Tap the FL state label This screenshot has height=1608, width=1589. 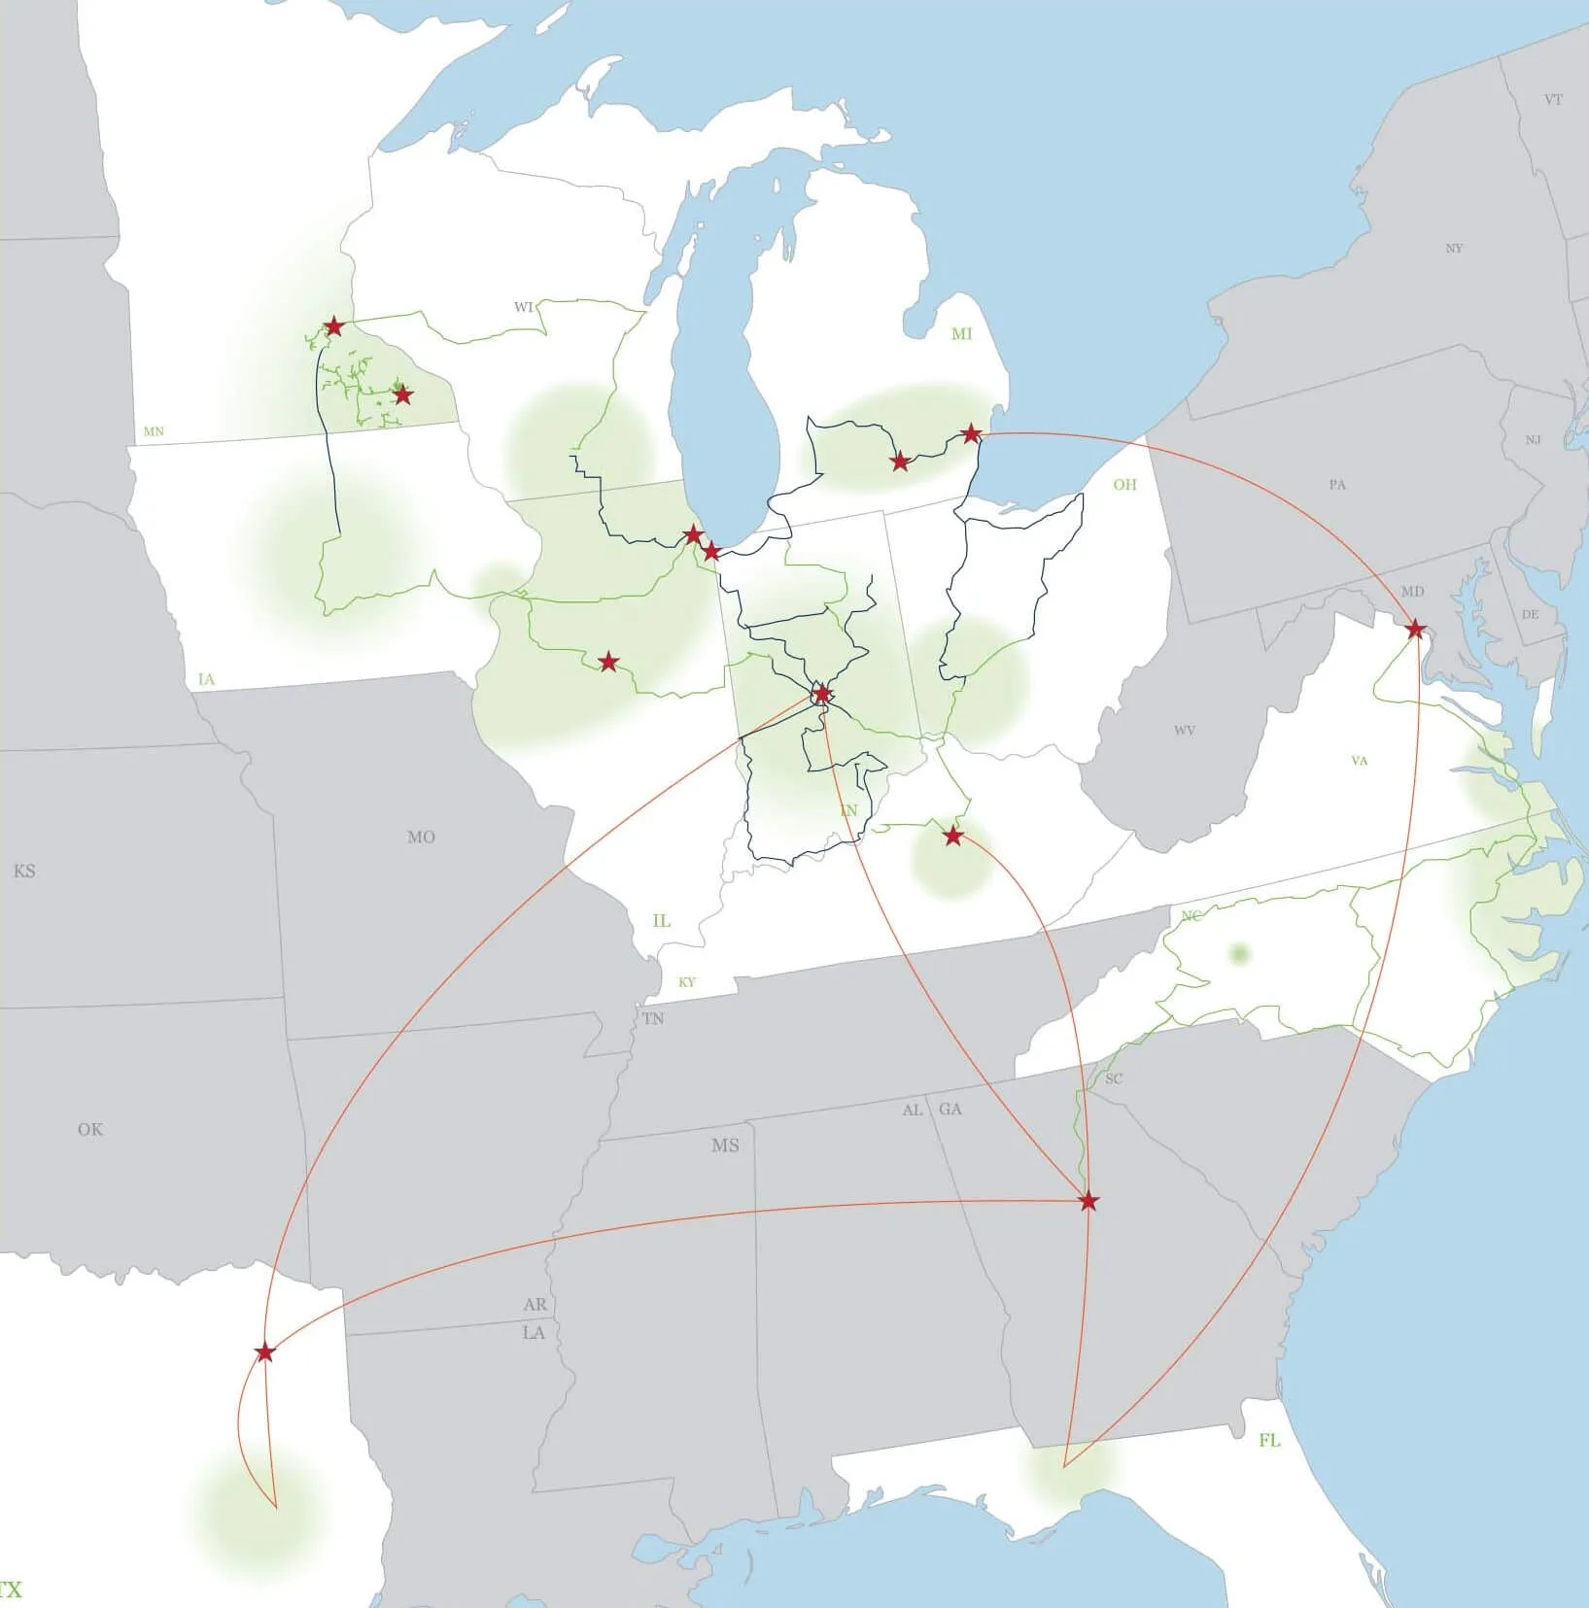point(1269,1440)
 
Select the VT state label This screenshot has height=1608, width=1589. point(1553,99)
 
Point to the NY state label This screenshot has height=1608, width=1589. point(1454,249)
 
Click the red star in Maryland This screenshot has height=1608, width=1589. point(1415,630)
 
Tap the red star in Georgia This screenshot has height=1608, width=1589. point(1088,1202)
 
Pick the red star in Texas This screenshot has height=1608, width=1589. point(264,1352)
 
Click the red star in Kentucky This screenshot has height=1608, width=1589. point(952,836)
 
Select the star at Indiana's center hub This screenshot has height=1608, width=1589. point(822,694)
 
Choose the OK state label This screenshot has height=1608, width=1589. point(90,1129)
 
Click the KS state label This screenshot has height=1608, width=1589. point(24,872)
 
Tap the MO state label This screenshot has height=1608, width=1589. point(421,837)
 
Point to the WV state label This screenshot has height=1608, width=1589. point(1184,731)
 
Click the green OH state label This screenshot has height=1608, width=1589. point(1124,485)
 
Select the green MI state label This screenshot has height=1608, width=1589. point(961,334)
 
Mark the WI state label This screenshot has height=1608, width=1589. point(524,307)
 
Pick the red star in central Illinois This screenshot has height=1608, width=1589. point(607,663)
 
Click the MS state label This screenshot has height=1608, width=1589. point(725,1146)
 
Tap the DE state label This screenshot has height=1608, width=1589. point(1530,614)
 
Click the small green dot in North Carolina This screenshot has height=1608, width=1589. point(1238,953)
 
